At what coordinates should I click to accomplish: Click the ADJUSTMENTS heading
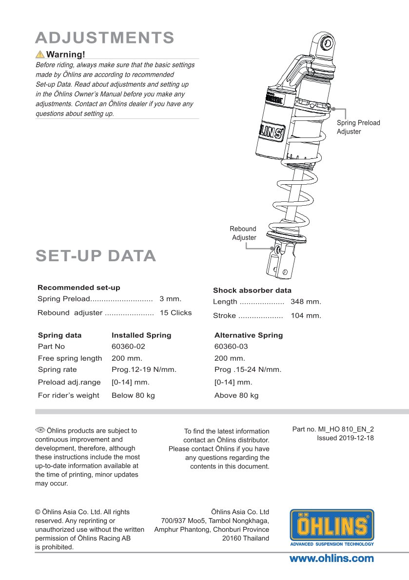coord(105,38)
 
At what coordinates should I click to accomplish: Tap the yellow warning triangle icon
coord(40,54)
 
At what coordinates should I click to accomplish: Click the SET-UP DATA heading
coord(96,256)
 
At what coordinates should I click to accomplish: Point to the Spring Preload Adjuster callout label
coord(358,127)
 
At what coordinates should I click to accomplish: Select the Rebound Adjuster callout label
coord(244,233)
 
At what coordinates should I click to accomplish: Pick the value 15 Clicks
coord(175,313)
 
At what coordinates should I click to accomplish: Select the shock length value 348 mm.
coord(306,302)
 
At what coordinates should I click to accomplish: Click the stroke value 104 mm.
coord(306,316)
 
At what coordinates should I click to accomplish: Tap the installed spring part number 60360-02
coord(128,347)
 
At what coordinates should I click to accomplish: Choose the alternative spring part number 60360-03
coord(231,347)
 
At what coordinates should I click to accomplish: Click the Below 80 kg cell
coord(133,395)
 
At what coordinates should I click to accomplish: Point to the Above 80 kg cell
coord(236,395)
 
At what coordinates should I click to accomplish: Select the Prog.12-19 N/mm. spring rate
coord(144,369)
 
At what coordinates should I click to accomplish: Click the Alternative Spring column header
coord(249,335)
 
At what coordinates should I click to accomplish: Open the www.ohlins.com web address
coord(331,559)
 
